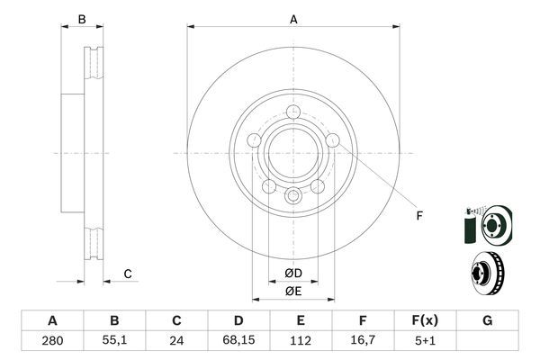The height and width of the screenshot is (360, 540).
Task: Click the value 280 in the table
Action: click(x=52, y=342)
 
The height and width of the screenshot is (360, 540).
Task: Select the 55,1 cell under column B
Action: click(x=114, y=342)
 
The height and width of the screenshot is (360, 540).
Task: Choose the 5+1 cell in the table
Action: click(x=426, y=342)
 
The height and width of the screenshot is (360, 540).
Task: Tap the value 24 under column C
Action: click(x=177, y=342)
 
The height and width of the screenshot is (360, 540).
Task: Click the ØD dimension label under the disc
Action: click(x=293, y=273)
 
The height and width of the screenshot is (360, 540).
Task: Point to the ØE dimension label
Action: click(x=293, y=291)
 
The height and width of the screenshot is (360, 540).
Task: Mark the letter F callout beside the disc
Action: click(x=418, y=214)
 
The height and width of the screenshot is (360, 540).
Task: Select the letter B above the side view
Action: click(x=81, y=19)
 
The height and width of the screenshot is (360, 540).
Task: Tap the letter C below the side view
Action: click(x=128, y=274)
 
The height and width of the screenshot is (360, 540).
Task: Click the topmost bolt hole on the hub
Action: click(x=293, y=111)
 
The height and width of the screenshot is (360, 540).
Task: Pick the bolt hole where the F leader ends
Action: click(x=334, y=140)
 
